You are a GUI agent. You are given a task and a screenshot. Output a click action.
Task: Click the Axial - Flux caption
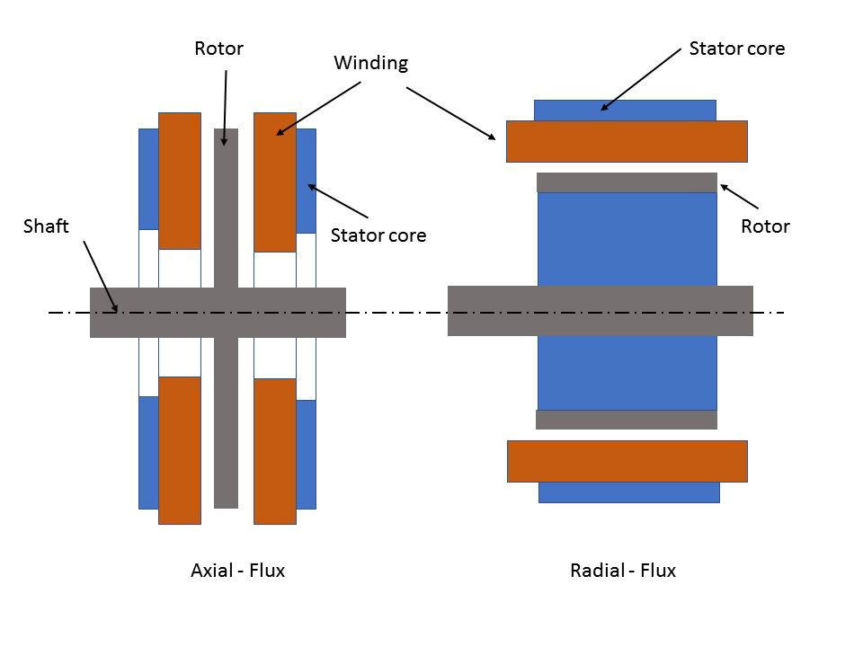[x=237, y=570]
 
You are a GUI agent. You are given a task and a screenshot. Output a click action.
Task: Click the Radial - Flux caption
[x=623, y=570]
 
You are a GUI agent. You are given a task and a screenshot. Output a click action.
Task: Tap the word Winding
[x=370, y=63]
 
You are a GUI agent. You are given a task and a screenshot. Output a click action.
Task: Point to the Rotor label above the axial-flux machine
[x=218, y=49]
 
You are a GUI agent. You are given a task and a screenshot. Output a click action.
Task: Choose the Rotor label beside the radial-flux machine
[x=765, y=226]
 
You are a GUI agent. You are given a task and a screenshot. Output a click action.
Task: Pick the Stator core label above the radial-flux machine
[x=736, y=49]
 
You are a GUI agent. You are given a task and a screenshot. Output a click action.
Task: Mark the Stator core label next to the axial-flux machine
[x=378, y=235]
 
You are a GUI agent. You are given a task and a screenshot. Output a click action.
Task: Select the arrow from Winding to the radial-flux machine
[x=450, y=113]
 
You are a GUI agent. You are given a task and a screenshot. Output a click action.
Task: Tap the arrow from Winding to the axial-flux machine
[x=318, y=108]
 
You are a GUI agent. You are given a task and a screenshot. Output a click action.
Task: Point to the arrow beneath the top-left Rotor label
[x=225, y=108]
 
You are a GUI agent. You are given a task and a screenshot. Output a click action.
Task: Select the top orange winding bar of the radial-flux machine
[x=627, y=141]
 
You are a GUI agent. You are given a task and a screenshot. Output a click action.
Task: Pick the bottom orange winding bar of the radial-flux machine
[x=627, y=461]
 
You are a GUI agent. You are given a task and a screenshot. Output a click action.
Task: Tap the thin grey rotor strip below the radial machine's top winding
[x=627, y=182]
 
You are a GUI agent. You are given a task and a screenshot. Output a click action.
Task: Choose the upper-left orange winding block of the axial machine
[x=179, y=180]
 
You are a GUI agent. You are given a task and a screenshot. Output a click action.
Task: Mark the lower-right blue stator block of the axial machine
[x=306, y=454]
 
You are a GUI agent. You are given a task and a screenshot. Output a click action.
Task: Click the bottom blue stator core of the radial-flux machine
[x=628, y=492]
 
